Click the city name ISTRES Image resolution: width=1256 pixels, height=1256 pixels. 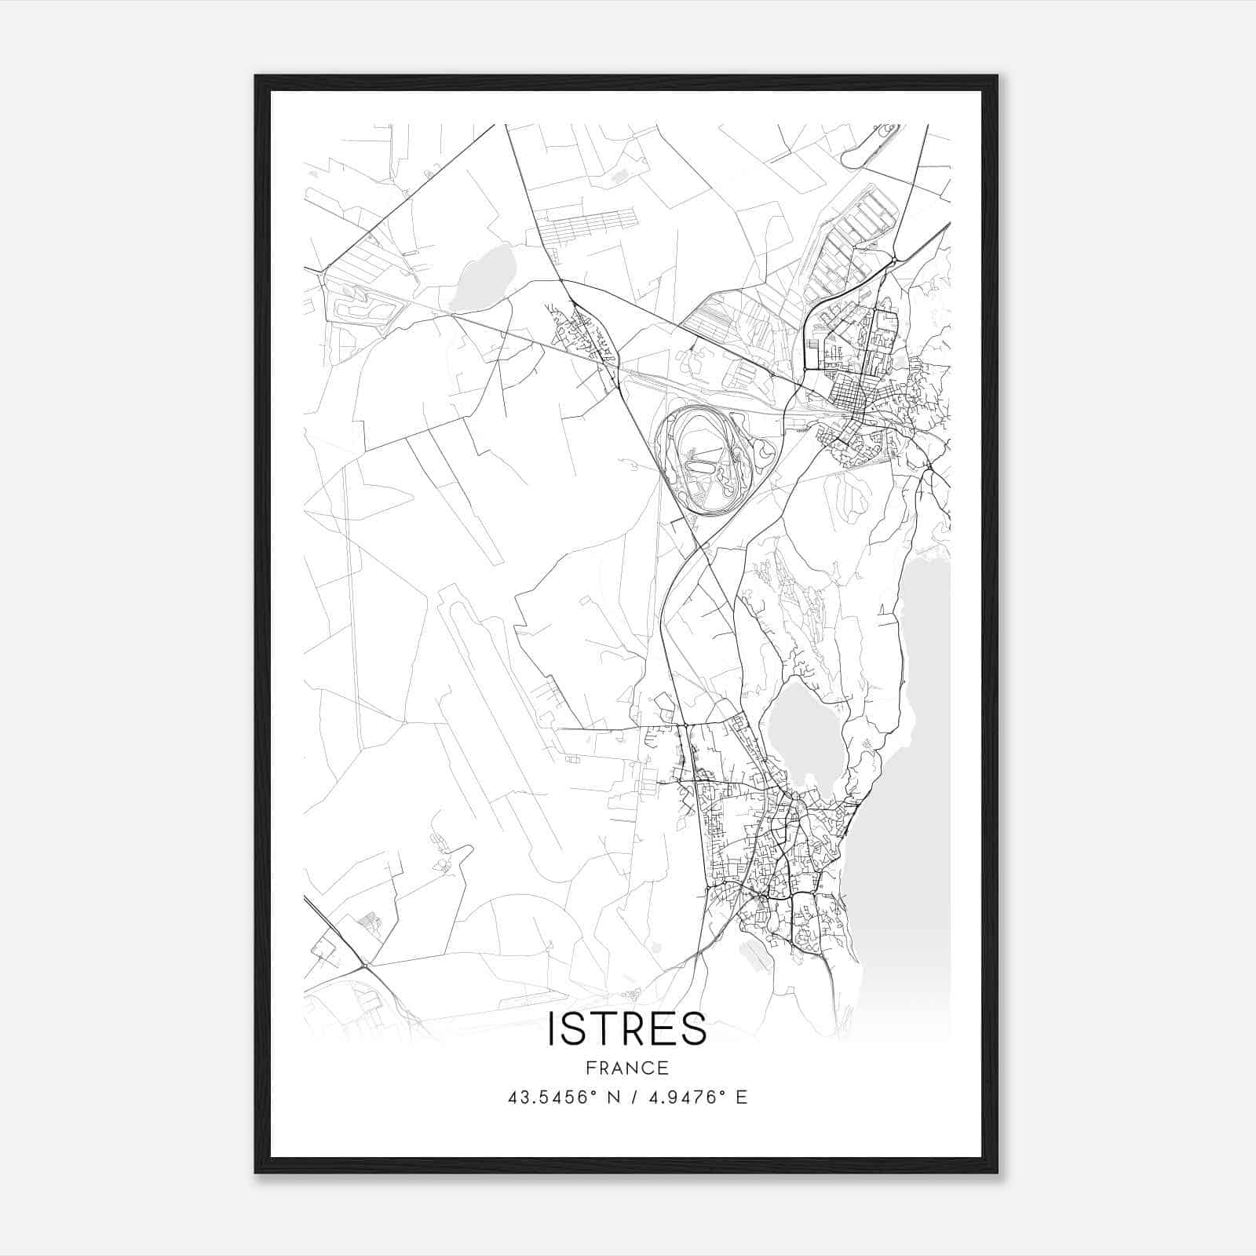point(626,1029)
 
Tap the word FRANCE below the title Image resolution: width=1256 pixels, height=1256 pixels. point(627,1068)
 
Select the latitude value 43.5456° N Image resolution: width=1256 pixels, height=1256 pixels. point(559,1097)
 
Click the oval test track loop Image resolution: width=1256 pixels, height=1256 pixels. point(704,461)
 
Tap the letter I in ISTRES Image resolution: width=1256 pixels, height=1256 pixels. point(552,1029)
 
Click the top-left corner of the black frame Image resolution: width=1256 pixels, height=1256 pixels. point(256,77)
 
